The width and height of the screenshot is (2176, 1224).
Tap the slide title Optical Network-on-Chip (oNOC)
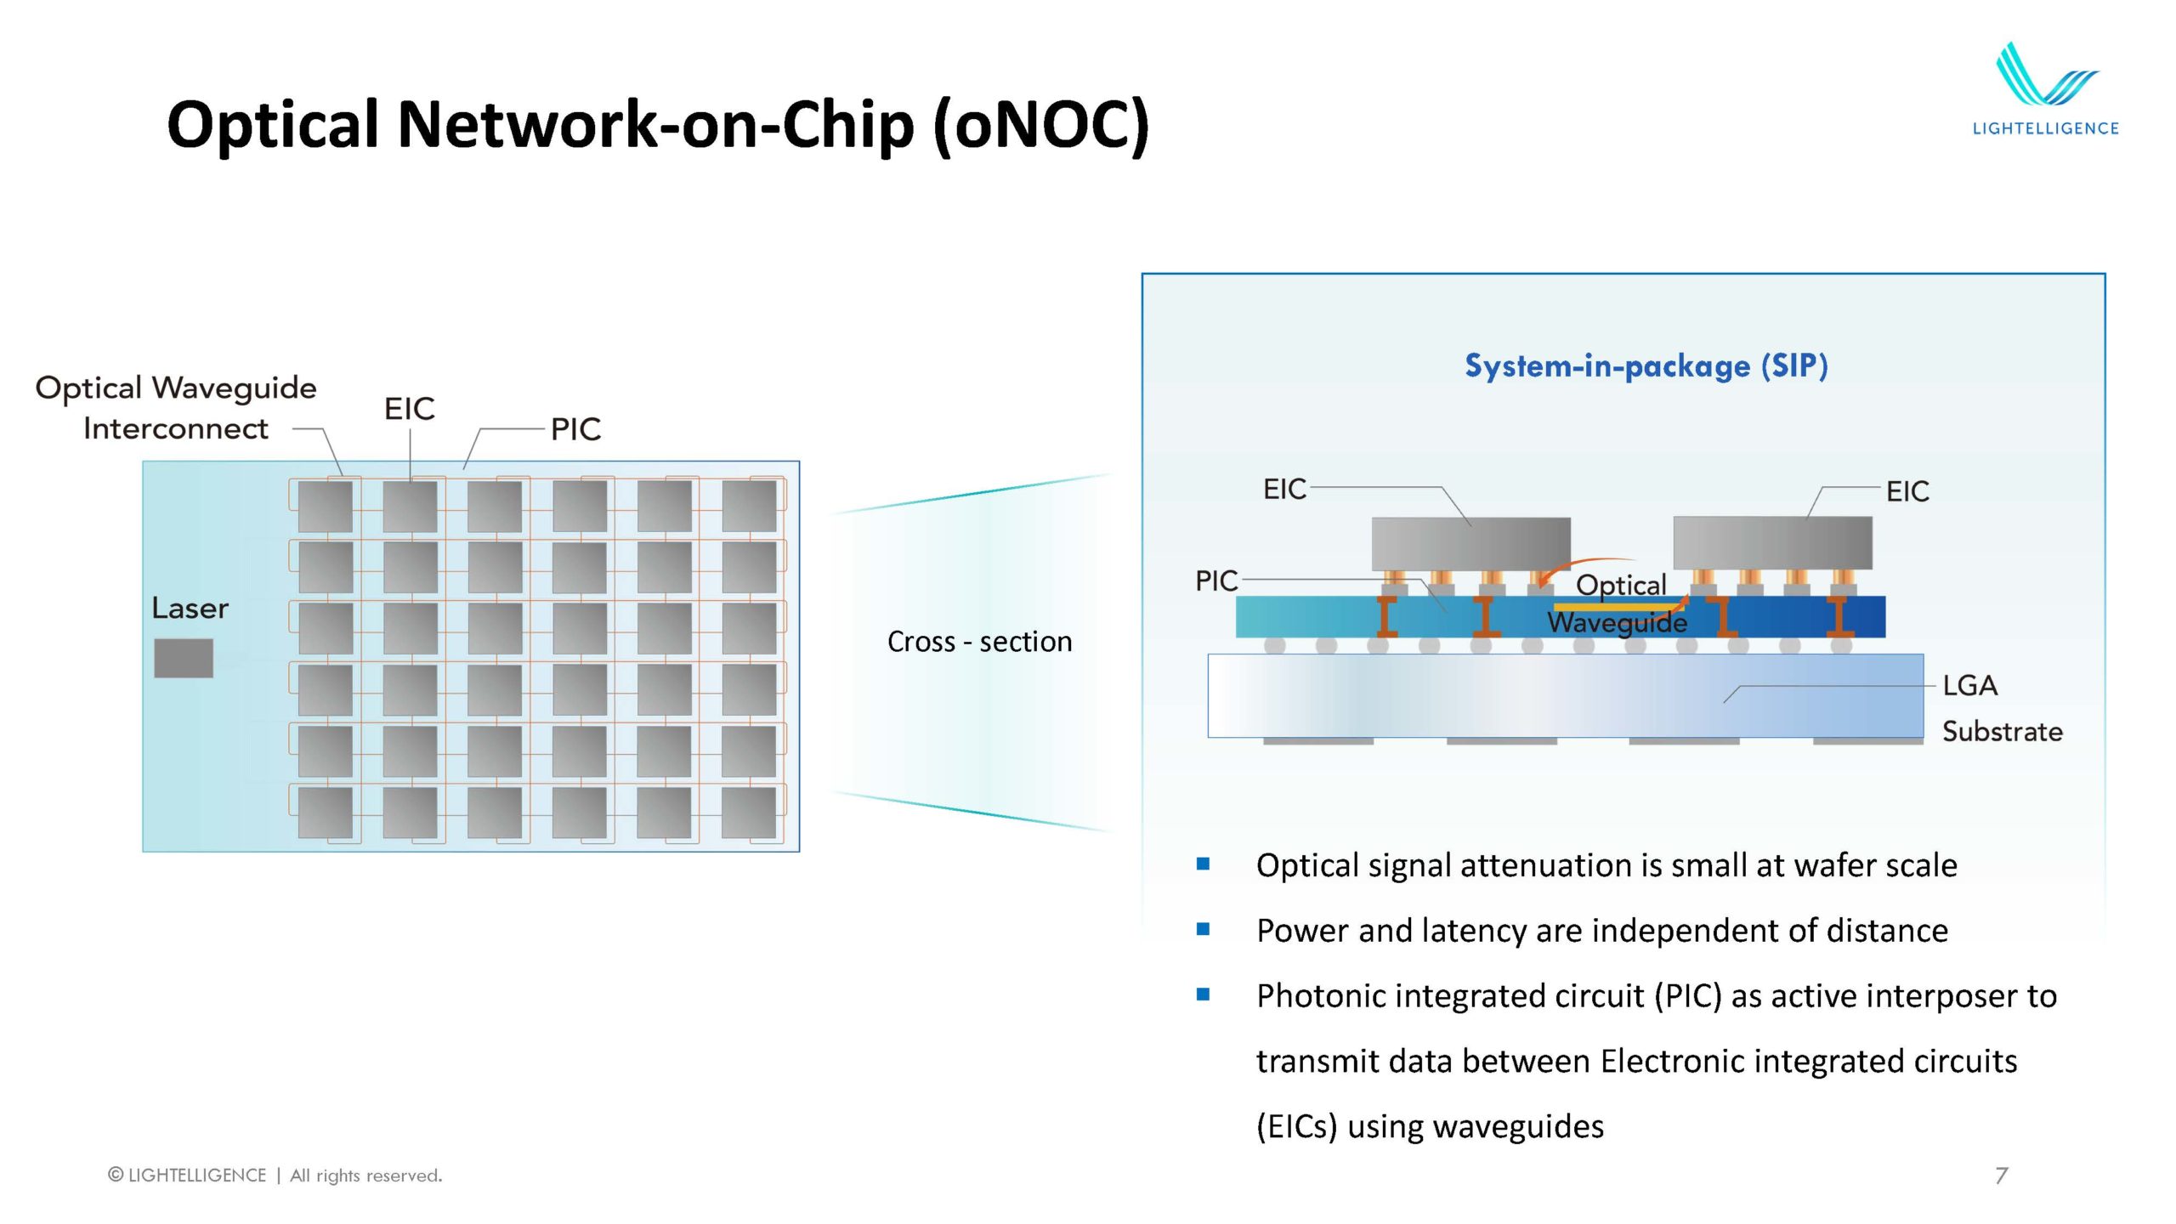657,124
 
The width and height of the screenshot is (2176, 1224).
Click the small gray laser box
184,658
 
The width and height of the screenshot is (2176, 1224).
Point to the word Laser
190,609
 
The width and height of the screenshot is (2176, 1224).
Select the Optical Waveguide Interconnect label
176,408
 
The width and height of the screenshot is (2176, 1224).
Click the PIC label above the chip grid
575,429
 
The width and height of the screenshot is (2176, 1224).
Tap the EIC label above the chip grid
409,409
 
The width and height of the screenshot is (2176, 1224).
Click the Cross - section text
979,642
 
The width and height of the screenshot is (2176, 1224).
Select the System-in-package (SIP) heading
1646,365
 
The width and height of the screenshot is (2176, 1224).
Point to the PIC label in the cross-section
1216,581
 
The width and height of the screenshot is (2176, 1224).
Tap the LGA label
1969,685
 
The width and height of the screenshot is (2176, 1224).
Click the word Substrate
2002,731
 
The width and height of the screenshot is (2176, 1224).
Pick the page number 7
2001,1176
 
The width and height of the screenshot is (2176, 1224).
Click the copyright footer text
275,1176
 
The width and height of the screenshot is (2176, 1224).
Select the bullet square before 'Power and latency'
1203,929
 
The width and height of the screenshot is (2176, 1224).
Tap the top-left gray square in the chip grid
326,507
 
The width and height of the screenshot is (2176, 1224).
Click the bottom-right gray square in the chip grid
749,813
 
